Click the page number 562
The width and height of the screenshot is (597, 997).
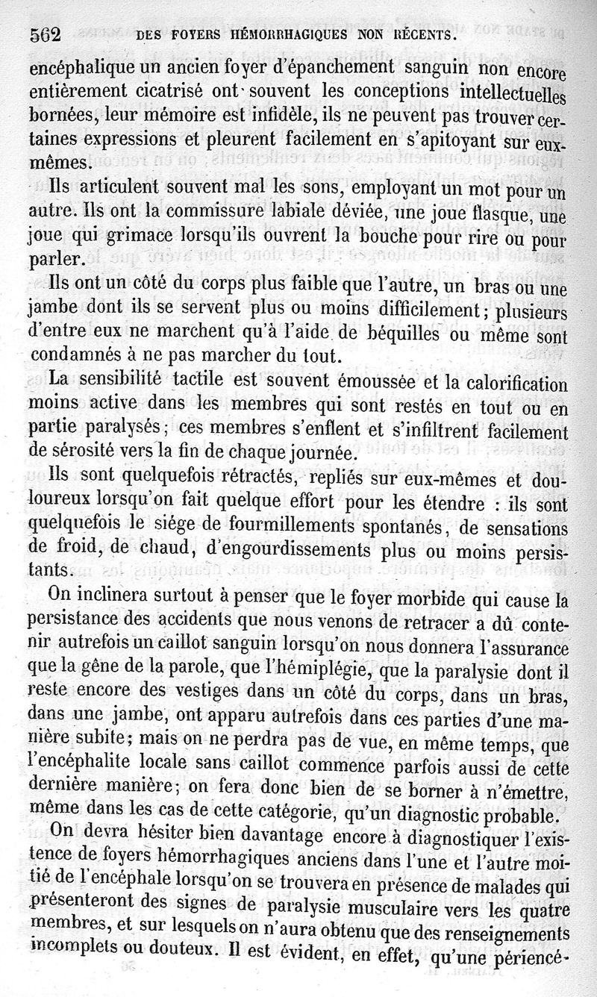click(x=45, y=35)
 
